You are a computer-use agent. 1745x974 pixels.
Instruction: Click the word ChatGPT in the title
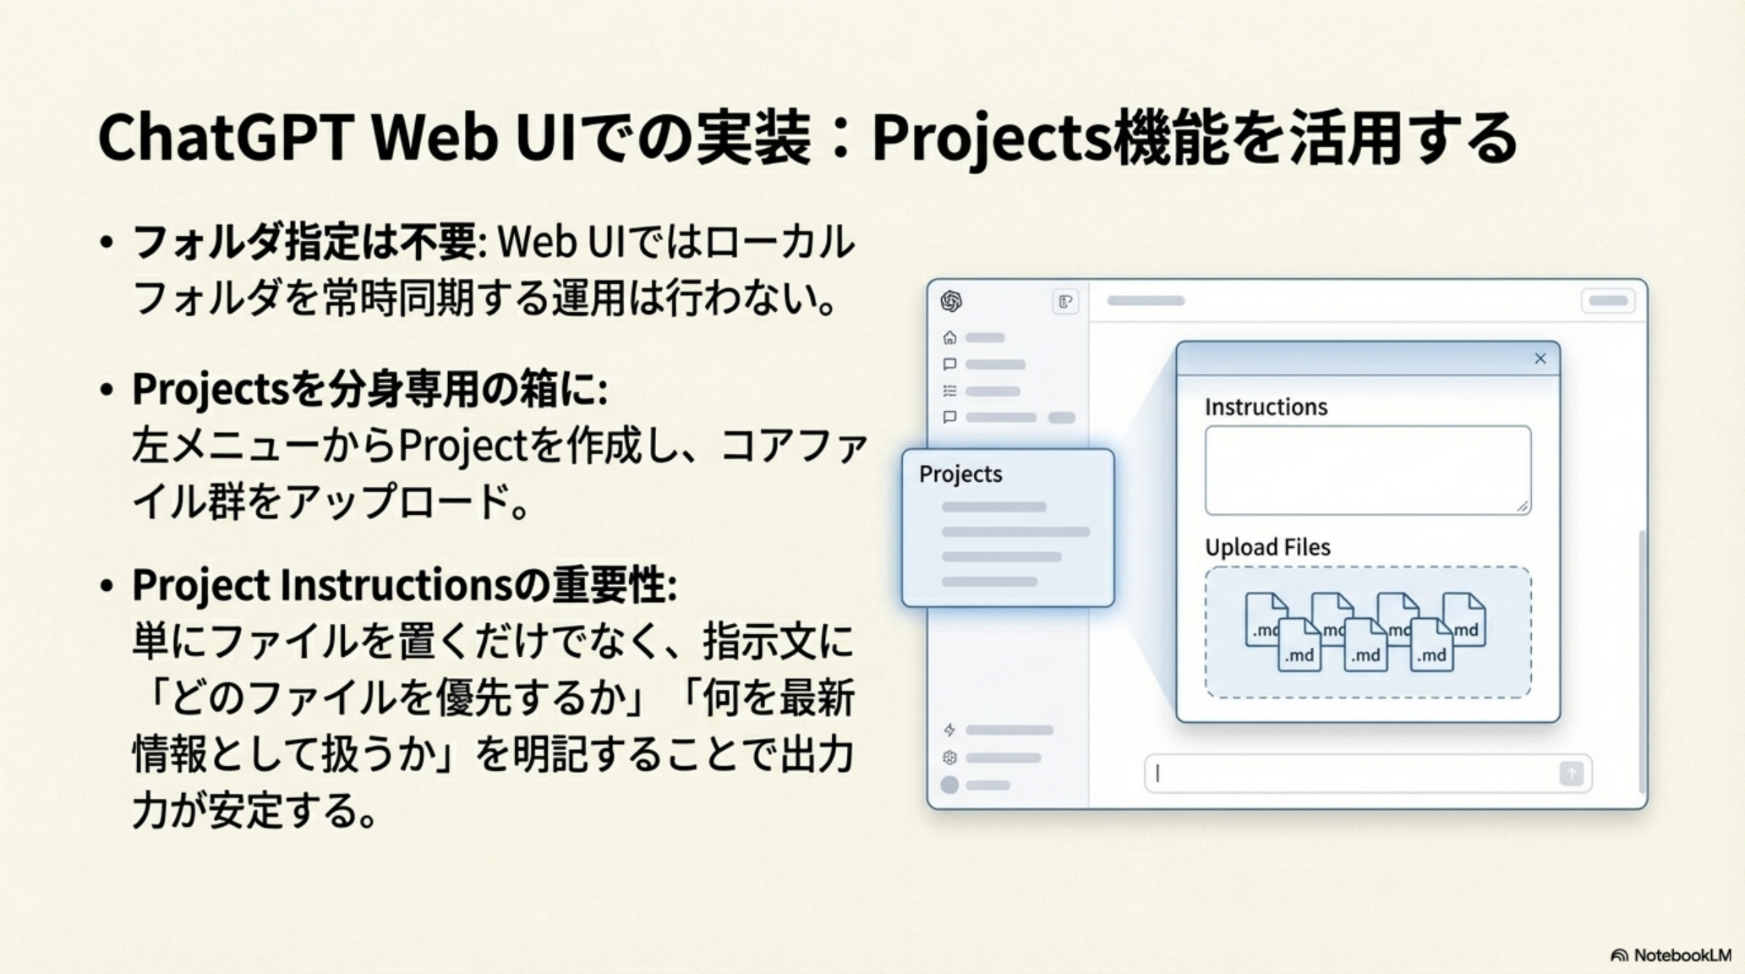pyautogui.click(x=224, y=138)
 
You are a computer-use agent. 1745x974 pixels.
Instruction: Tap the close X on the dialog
pyautogui.click(x=1540, y=358)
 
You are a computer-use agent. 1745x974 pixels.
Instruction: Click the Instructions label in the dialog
pyautogui.click(x=1266, y=407)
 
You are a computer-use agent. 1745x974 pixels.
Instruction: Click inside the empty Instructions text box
pyautogui.click(x=1367, y=470)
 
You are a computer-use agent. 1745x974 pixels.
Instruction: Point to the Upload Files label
pyautogui.click(x=1267, y=547)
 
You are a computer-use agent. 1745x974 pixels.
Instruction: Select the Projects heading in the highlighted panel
pyautogui.click(x=960, y=474)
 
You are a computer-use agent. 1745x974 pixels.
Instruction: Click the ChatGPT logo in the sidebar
pyautogui.click(x=951, y=301)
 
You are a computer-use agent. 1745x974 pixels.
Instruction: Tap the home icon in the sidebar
pyautogui.click(x=949, y=337)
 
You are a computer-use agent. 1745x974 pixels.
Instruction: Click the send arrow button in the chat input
pyautogui.click(x=1571, y=774)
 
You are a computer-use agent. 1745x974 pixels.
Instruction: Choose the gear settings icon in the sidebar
pyautogui.click(x=949, y=758)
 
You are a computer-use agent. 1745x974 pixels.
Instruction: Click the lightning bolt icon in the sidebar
pyautogui.click(x=949, y=730)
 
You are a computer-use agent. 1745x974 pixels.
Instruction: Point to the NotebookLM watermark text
pyautogui.click(x=1682, y=955)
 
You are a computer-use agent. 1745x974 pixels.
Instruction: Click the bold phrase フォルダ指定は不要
pyautogui.click(x=306, y=243)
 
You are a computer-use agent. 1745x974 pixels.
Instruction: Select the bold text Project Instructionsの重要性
pyautogui.click(x=404, y=584)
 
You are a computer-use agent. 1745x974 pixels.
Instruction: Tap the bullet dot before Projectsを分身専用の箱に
pyautogui.click(x=107, y=391)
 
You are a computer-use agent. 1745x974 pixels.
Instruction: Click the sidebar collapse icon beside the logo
pyautogui.click(x=1065, y=301)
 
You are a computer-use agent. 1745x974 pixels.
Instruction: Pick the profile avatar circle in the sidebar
pyautogui.click(x=949, y=785)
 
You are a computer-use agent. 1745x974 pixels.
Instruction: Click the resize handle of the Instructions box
pyautogui.click(x=1522, y=506)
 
